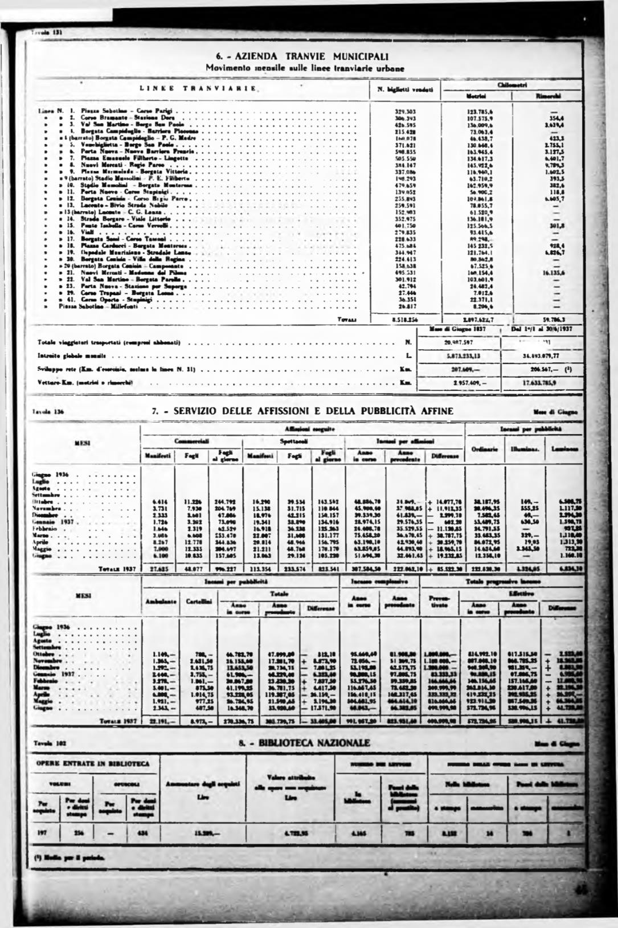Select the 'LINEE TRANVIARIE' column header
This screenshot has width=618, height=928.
[198, 89]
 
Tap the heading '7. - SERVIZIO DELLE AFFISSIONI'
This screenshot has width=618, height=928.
[303, 411]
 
